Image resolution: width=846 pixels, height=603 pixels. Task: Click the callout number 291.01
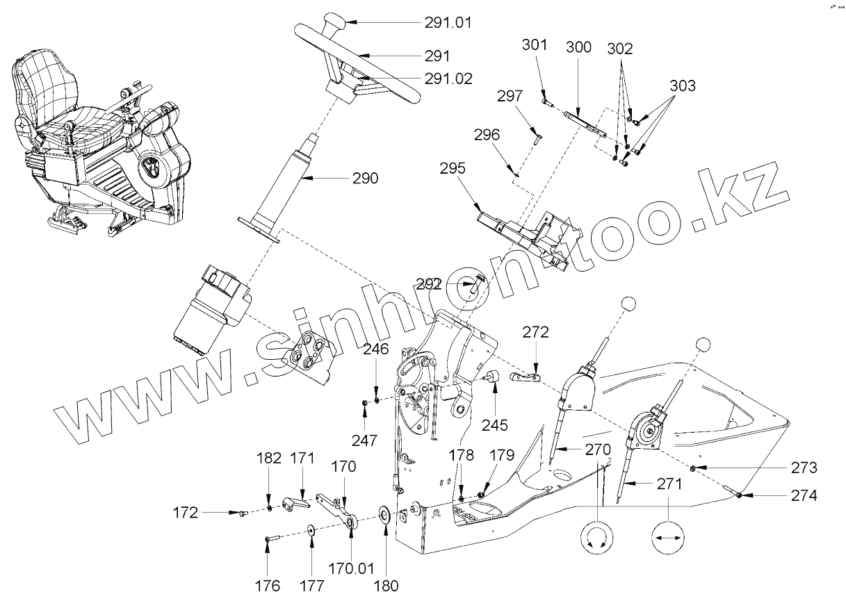[x=448, y=22]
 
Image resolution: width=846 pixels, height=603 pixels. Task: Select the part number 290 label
[x=365, y=179]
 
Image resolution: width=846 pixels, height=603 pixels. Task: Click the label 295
[x=453, y=169]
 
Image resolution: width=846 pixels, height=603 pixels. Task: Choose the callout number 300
[x=578, y=47]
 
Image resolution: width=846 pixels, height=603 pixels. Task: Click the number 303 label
[x=683, y=86]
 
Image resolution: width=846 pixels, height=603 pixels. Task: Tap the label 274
[x=803, y=496]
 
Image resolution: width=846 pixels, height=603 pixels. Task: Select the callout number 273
[x=803, y=468]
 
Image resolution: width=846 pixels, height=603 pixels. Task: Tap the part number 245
[x=495, y=425]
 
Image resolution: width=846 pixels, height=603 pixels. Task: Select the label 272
[x=535, y=332]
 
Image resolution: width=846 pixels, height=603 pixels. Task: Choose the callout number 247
[x=364, y=440]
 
